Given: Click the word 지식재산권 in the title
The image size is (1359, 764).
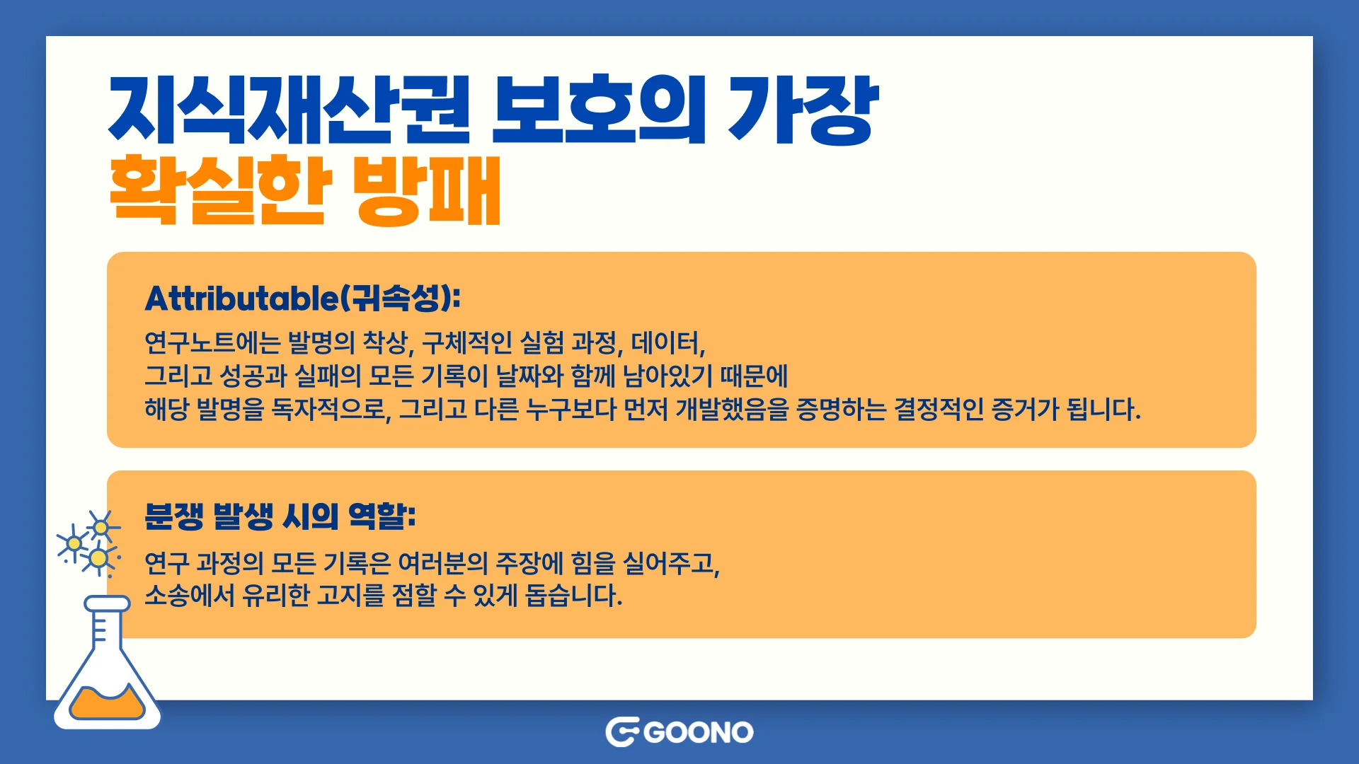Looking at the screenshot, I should pyautogui.click(x=289, y=110).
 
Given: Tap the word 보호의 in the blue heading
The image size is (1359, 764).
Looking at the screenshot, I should pyautogui.click(x=599, y=110).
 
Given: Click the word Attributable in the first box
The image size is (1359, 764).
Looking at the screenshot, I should pyautogui.click(x=241, y=299).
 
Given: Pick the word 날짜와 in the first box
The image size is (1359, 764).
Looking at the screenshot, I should pyautogui.click(x=529, y=376).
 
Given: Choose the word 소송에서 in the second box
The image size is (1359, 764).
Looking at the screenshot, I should pyautogui.click(x=189, y=596).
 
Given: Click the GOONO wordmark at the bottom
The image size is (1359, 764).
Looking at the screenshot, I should pyautogui.click(x=699, y=732).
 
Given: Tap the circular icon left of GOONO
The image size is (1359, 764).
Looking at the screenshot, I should pyautogui.click(x=622, y=732).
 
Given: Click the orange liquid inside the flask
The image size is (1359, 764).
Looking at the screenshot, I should pyautogui.click(x=107, y=704).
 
